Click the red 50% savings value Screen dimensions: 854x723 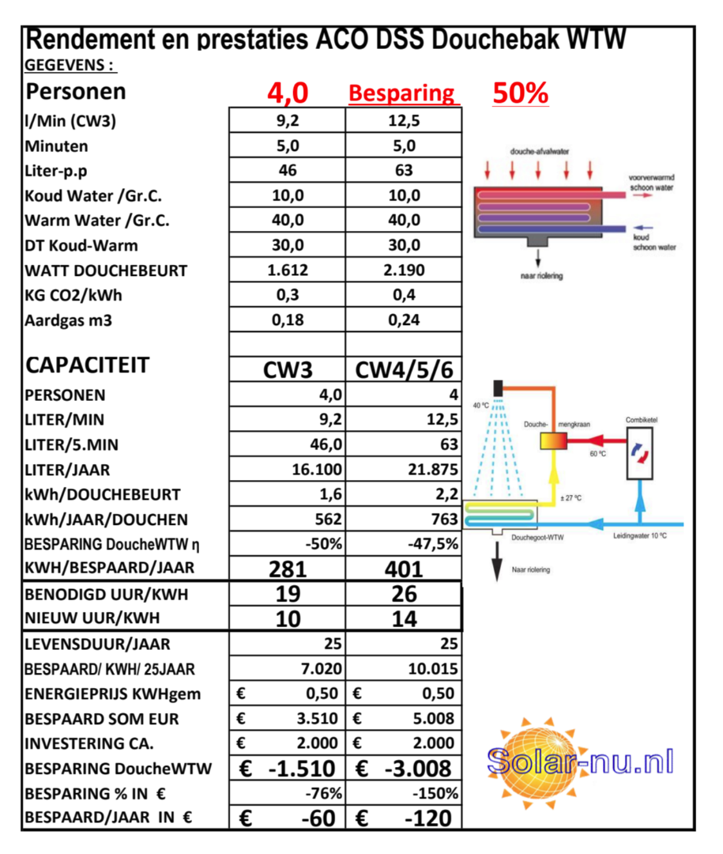pyautogui.click(x=520, y=93)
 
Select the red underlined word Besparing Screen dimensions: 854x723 pyautogui.click(x=402, y=94)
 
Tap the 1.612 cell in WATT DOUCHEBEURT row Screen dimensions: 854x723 pyautogui.click(x=288, y=270)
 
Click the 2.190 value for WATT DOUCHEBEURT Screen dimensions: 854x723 pyautogui.click(x=404, y=270)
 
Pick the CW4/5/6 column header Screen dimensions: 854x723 pyautogui.click(x=404, y=370)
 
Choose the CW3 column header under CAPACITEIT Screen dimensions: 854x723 pyautogui.click(x=288, y=370)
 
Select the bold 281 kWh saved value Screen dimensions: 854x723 pyautogui.click(x=288, y=569)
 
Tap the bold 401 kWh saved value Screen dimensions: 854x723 pyautogui.click(x=404, y=569)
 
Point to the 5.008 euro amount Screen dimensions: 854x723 pyautogui.click(x=435, y=719)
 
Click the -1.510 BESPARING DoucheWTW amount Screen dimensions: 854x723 pyautogui.click(x=303, y=768)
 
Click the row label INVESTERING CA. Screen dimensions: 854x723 pyautogui.click(x=89, y=743)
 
